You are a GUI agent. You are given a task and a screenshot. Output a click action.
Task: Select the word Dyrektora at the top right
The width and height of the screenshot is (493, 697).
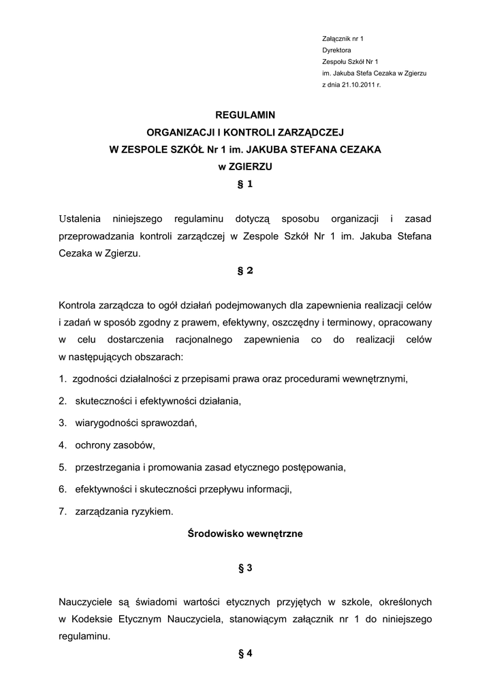coord(336,50)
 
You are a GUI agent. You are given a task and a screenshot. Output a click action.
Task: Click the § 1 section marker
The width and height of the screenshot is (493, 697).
coord(245,184)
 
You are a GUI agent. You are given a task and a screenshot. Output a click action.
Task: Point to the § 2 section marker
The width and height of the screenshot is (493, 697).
coord(245,270)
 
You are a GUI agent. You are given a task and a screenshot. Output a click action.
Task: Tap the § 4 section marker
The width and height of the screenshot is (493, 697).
coord(245,653)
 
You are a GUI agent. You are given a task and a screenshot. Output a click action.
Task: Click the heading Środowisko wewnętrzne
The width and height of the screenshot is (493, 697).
coord(245,534)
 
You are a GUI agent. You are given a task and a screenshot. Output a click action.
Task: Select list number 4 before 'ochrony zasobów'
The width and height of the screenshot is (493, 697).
coord(62,445)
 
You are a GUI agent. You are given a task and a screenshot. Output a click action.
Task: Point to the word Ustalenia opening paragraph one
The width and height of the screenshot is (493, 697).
coord(80,219)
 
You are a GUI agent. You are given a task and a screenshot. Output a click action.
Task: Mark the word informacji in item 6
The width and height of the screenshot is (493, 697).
coord(270,489)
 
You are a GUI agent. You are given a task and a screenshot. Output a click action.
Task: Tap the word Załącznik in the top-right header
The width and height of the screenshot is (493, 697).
coord(338,39)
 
